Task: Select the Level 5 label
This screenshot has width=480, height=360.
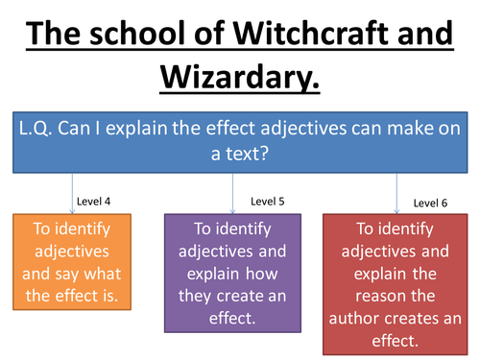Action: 268,201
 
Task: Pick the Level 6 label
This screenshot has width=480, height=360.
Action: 431,203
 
